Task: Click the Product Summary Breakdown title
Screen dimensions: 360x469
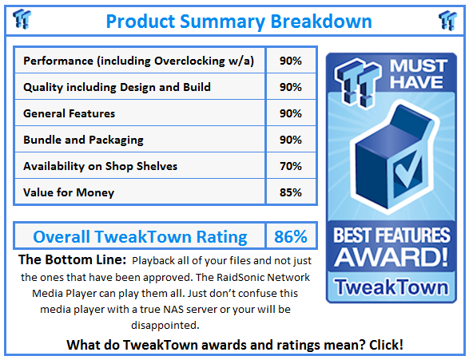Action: click(x=238, y=20)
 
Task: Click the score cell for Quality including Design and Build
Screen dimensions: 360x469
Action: click(x=291, y=87)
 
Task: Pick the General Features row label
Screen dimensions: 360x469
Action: click(x=70, y=113)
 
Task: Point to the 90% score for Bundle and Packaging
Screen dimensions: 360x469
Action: click(x=291, y=140)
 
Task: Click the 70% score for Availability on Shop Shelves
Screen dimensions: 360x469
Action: click(x=291, y=166)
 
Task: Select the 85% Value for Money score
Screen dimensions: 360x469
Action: click(x=291, y=192)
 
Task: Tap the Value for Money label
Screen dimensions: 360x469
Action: click(x=69, y=192)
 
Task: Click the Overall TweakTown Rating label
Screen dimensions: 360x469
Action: click(x=139, y=236)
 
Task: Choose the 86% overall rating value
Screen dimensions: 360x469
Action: click(x=291, y=236)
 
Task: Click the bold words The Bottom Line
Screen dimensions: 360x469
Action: click(x=71, y=260)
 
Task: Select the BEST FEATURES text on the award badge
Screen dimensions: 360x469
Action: click(x=392, y=236)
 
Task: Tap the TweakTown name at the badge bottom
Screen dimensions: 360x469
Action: click(x=392, y=285)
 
